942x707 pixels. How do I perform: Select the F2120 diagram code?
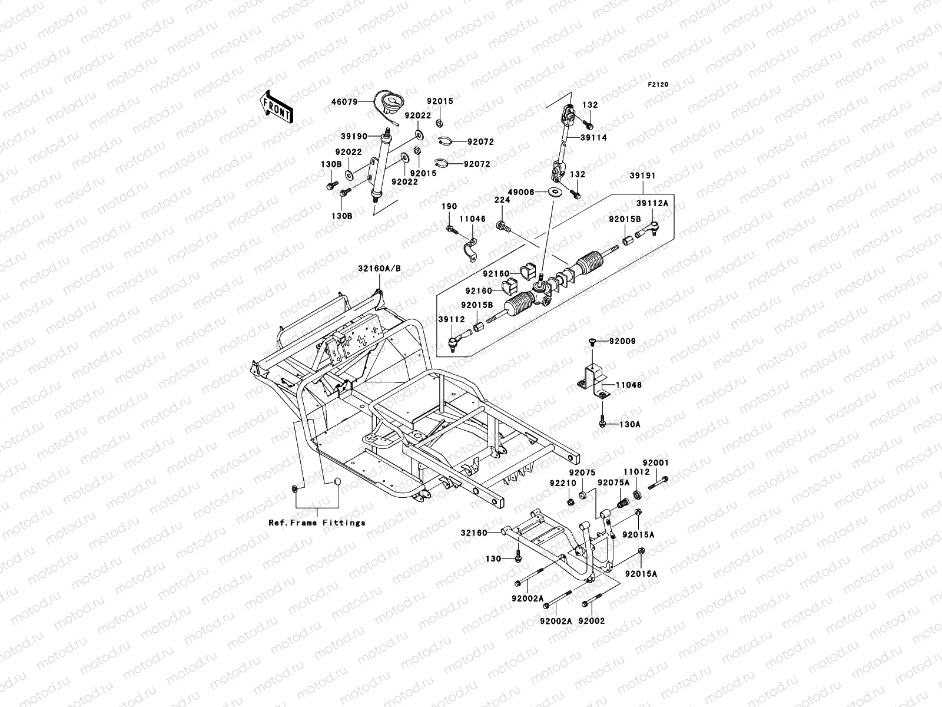point(659,85)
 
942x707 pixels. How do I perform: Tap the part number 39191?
point(642,176)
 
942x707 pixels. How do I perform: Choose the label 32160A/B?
point(379,268)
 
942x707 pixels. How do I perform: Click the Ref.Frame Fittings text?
point(317,523)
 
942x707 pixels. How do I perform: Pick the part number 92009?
point(622,341)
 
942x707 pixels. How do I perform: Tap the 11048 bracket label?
point(629,385)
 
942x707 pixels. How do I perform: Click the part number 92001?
point(656,463)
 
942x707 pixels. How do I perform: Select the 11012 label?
point(636,472)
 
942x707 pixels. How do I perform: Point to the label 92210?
point(562,483)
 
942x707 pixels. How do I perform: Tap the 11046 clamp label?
point(473,219)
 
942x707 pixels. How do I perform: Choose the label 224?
point(502,200)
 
